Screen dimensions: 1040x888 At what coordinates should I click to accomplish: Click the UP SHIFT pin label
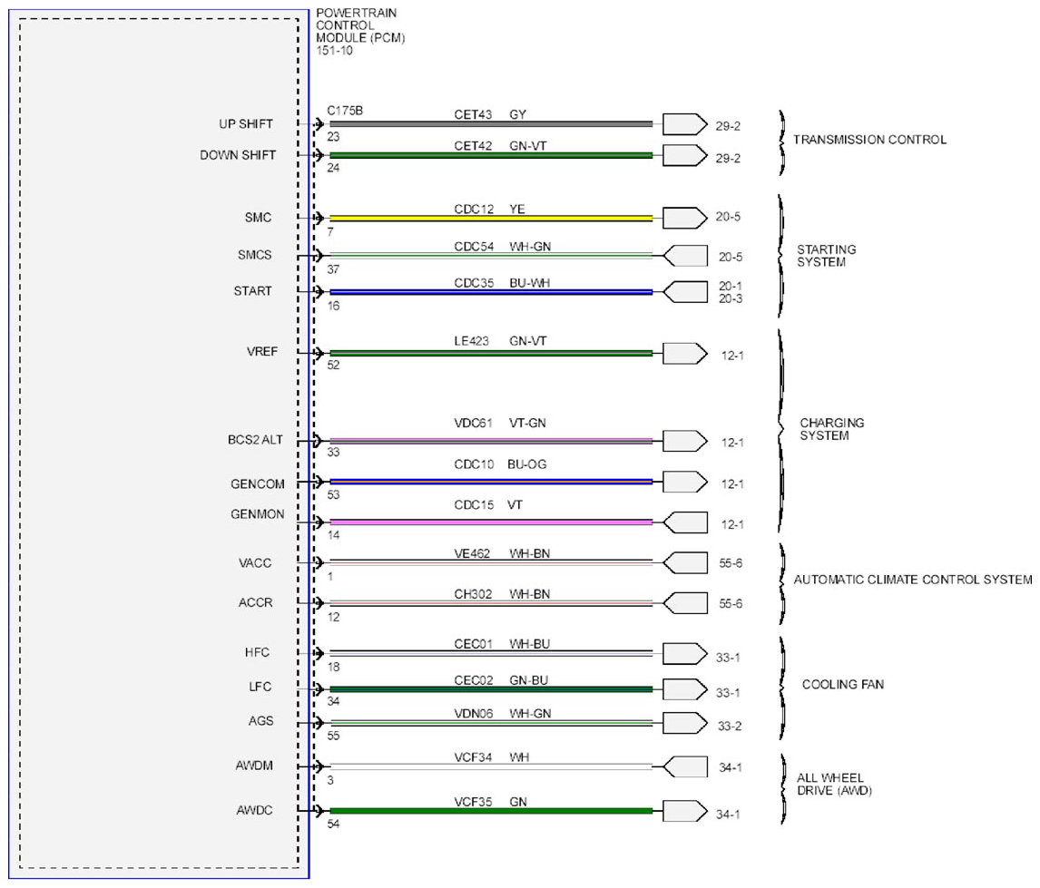[x=245, y=124]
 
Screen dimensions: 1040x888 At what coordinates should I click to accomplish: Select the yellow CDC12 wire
[x=491, y=218]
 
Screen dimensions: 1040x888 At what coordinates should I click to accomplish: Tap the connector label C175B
[x=345, y=111]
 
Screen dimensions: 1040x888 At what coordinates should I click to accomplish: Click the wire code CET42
[x=473, y=146]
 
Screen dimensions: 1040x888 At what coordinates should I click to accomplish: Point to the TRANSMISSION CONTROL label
[x=869, y=140]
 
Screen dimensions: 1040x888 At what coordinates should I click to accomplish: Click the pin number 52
[x=333, y=366]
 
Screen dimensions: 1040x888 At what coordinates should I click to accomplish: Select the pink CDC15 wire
[x=491, y=522]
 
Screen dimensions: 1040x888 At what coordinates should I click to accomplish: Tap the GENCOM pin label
[x=258, y=484]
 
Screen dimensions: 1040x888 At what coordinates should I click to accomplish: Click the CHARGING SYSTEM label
[x=832, y=429]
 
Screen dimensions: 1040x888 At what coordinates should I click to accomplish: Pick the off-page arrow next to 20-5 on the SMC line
[x=685, y=218]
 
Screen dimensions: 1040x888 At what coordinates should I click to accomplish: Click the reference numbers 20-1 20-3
[x=731, y=292]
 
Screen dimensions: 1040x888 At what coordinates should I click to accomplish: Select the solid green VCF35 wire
[x=491, y=811]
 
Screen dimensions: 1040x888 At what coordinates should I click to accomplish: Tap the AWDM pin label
[x=254, y=766]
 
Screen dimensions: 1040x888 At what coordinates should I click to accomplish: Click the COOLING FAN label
[x=843, y=685]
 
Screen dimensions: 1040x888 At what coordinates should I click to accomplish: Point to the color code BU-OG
[x=526, y=464]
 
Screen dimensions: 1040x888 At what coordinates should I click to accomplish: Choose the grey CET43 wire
[x=491, y=124]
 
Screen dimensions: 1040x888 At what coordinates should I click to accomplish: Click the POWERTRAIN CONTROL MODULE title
[x=360, y=31]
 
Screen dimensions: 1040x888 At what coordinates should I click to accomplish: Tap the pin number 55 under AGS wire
[x=333, y=736]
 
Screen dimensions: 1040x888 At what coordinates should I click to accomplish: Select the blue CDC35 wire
[x=491, y=292]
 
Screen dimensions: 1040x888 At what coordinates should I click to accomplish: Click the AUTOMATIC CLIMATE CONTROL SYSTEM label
[x=913, y=580]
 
